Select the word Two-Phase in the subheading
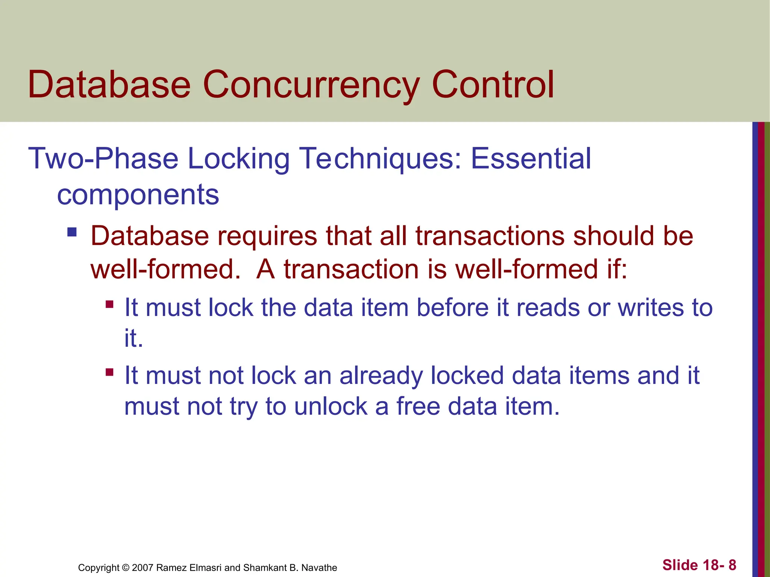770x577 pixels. (103, 159)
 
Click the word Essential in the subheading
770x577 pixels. (531, 159)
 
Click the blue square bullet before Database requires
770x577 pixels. (72, 232)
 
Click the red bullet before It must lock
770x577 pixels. (109, 304)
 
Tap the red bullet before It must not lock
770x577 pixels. (109, 372)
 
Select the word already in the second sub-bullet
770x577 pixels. (381, 376)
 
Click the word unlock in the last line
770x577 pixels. (330, 406)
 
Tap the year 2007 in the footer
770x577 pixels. (142, 568)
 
